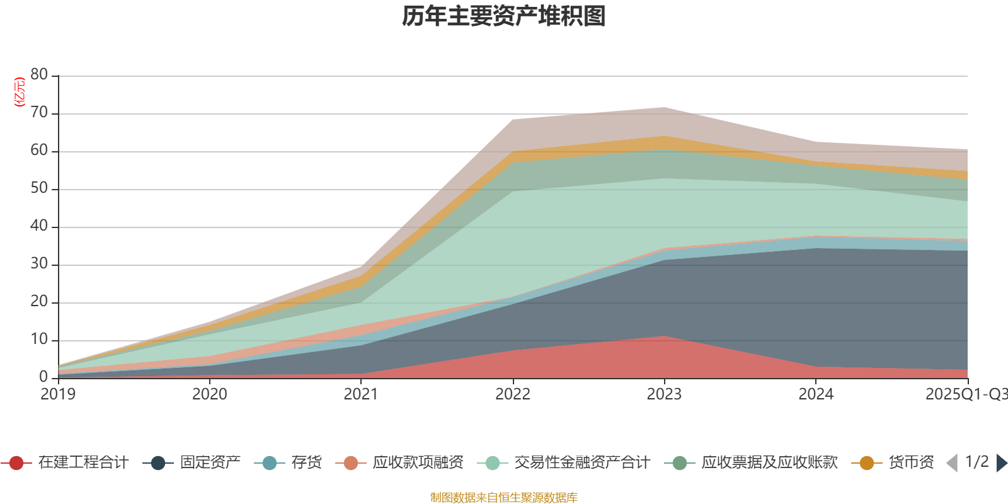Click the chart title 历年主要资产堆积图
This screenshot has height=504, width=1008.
[x=504, y=16]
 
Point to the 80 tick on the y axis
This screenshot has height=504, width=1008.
[x=39, y=74]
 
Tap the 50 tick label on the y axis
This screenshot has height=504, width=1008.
[x=39, y=188]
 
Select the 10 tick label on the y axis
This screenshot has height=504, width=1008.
[x=39, y=339]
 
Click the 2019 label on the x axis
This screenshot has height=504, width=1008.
[x=58, y=394]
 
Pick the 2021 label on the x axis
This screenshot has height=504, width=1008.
[x=361, y=394]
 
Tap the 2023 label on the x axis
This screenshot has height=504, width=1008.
[x=664, y=394]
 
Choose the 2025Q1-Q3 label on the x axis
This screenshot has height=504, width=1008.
[x=965, y=394]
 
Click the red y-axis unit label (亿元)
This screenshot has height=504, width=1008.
[x=20, y=92]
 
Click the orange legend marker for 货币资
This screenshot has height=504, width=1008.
[x=866, y=463]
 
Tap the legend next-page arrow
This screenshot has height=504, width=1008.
[x=1001, y=463]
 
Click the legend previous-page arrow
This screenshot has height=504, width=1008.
[x=952, y=463]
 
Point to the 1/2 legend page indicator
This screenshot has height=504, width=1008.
[x=976, y=462]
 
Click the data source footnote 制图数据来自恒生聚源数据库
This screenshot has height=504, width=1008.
[x=504, y=498]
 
